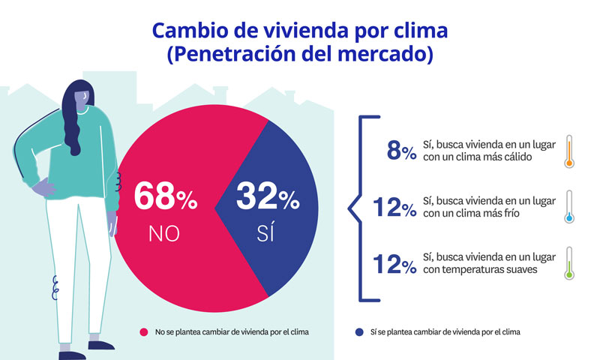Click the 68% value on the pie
(x=165, y=196)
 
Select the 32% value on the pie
(x=267, y=196)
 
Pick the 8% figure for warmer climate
(x=400, y=151)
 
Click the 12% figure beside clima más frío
(x=394, y=208)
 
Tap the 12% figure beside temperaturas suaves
(x=394, y=264)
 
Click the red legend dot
(x=143, y=331)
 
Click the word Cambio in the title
(x=187, y=31)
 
